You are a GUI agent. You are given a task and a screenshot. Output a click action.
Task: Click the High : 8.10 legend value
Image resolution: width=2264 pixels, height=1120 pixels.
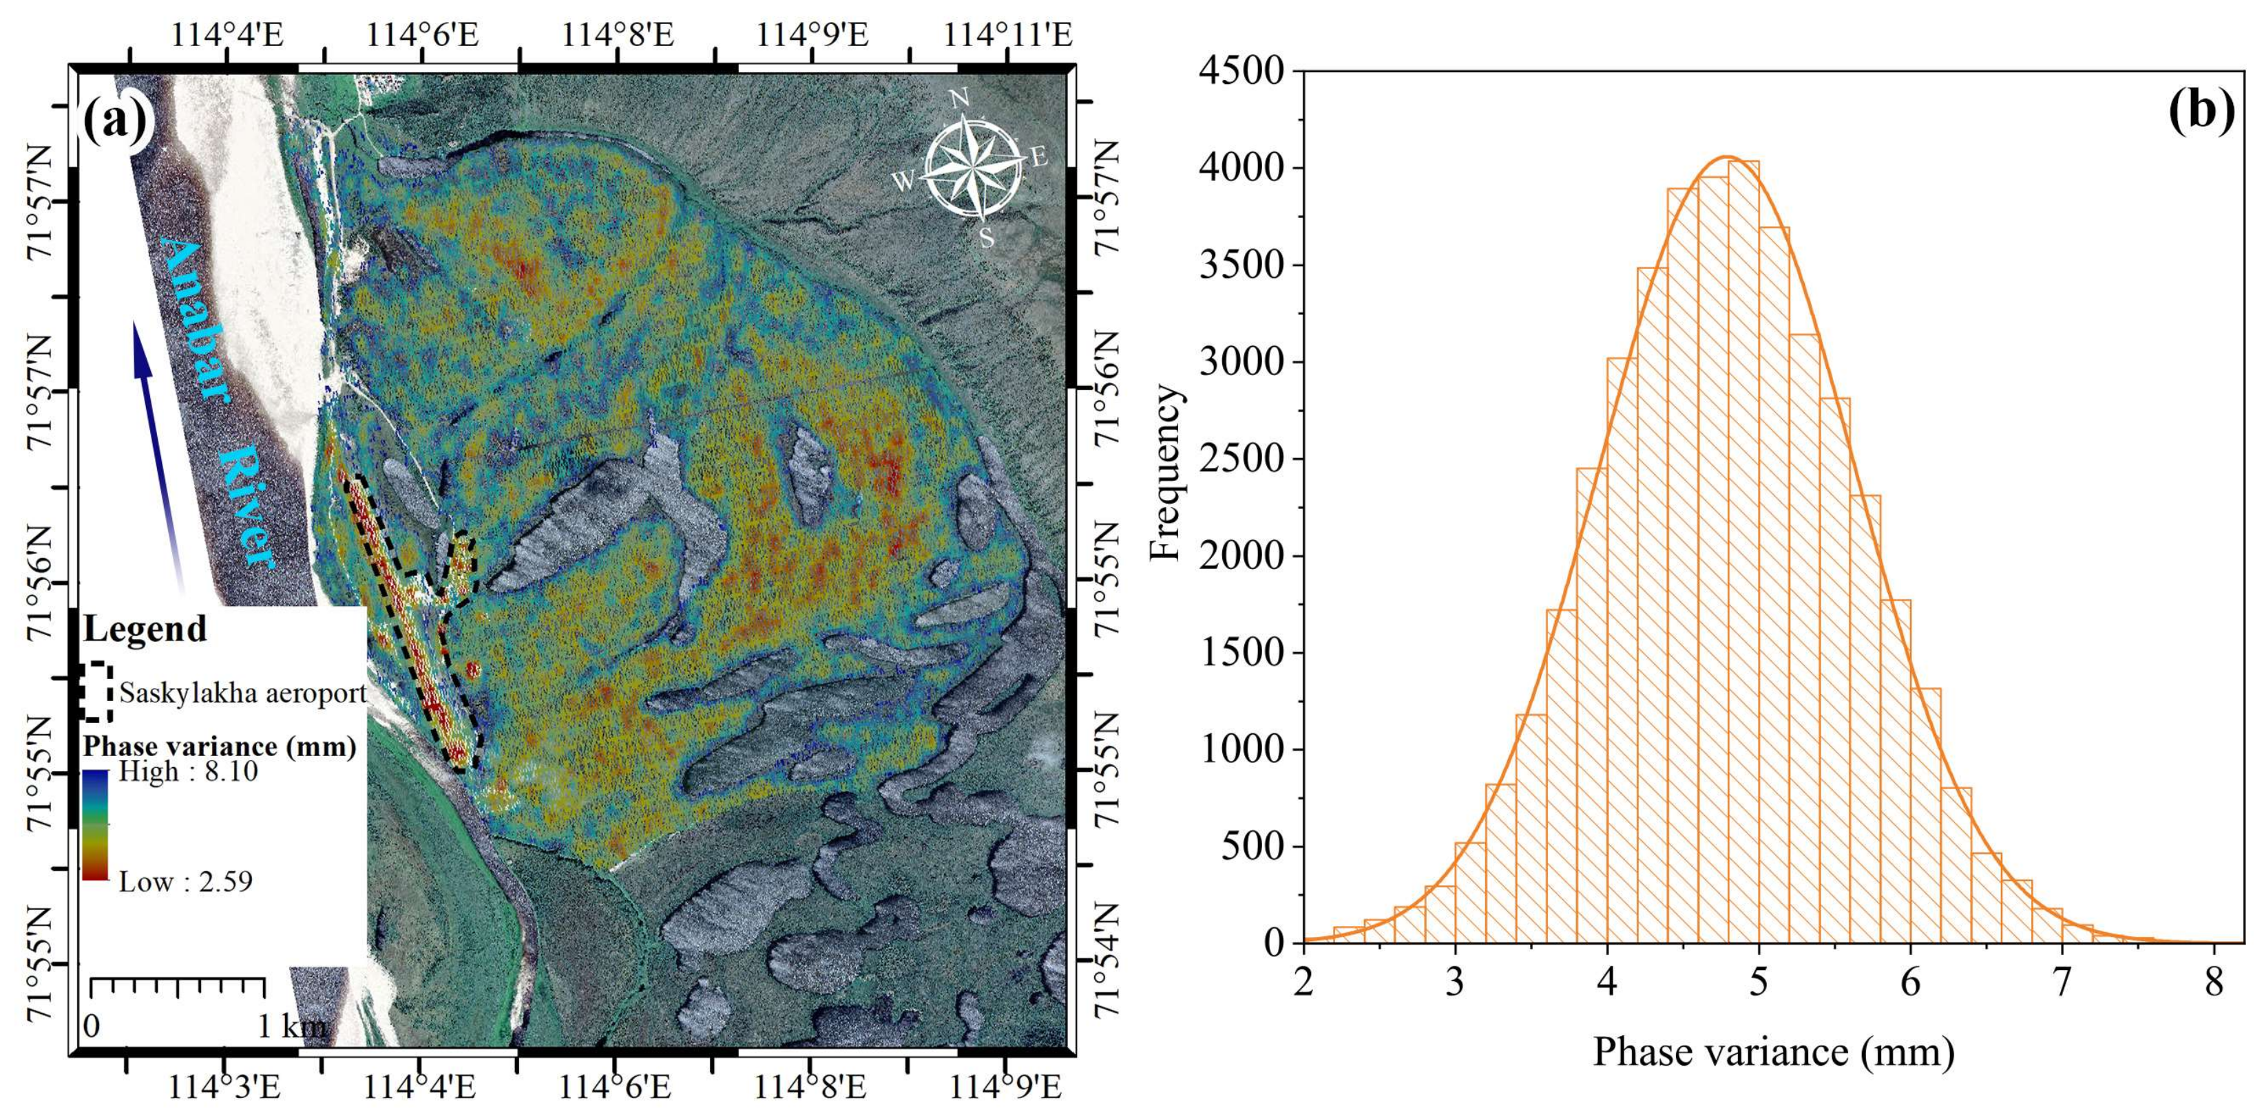(x=188, y=772)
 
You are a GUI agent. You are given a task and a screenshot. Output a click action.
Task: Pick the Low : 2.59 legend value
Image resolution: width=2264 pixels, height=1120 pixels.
(x=185, y=881)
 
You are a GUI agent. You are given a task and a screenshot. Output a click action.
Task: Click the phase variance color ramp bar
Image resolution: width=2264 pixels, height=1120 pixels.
(x=95, y=825)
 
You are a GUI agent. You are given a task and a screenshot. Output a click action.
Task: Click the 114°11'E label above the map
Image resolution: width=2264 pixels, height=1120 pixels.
(x=1008, y=35)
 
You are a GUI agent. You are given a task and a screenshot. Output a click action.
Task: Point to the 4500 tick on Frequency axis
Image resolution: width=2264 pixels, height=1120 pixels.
(x=1240, y=71)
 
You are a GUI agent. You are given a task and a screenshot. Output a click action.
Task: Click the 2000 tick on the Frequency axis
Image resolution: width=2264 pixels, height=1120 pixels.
(x=1240, y=555)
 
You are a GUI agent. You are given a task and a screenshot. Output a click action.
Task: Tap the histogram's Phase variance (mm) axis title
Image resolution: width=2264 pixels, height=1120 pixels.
(x=1772, y=1051)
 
